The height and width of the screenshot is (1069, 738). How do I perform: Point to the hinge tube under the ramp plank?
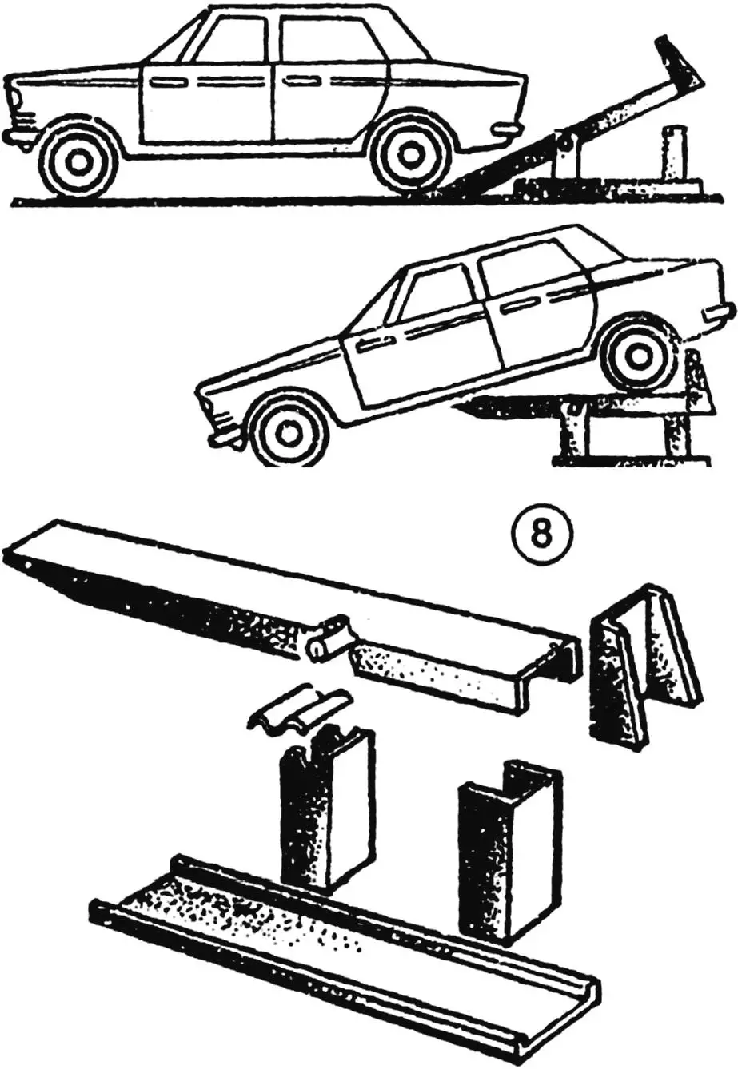click(x=327, y=640)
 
